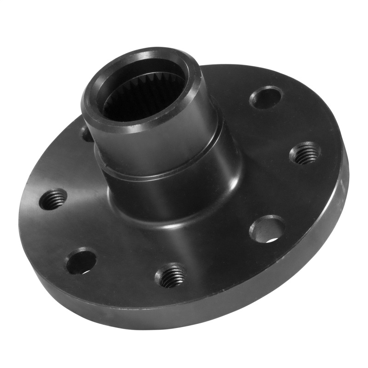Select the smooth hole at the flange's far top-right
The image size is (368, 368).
[266, 98]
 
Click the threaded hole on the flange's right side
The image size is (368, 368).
[305, 154]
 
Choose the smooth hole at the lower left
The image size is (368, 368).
[80, 261]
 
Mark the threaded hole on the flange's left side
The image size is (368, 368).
[53, 199]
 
